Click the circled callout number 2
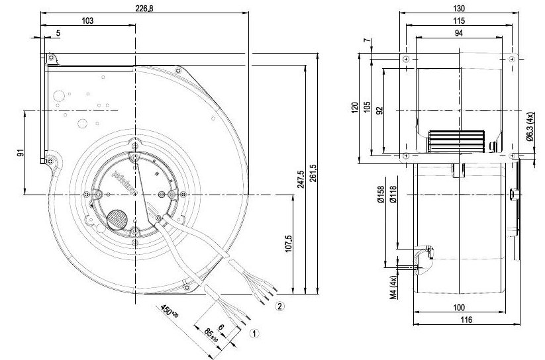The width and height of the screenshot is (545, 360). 280,306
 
